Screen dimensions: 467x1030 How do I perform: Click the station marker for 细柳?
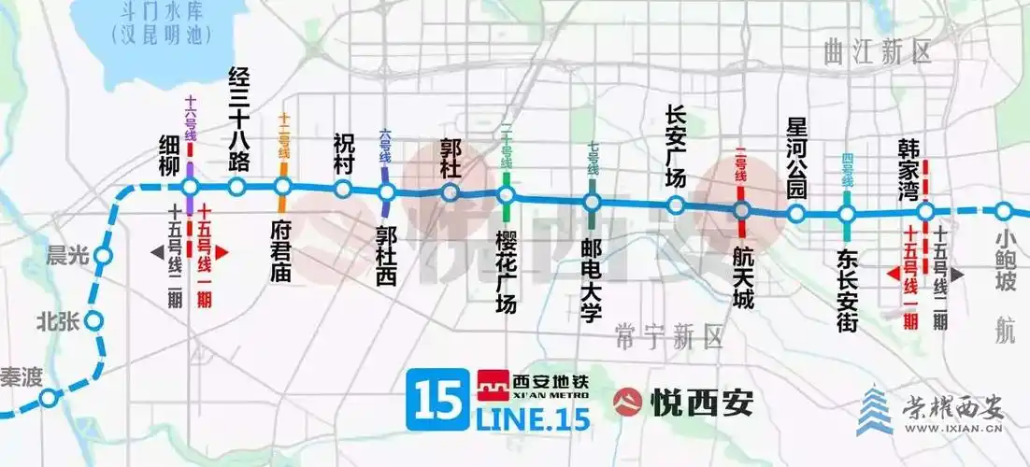(190, 187)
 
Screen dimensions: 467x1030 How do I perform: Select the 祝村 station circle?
(343, 191)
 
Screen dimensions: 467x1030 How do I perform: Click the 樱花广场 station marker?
(506, 195)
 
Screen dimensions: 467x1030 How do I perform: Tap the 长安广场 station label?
(676, 146)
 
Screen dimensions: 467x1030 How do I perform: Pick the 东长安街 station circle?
(848, 214)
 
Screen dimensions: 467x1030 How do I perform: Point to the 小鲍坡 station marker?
(1004, 212)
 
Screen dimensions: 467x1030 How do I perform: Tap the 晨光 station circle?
(103, 255)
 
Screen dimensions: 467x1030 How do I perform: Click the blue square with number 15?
(434, 400)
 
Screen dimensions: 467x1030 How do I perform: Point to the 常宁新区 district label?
(670, 335)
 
